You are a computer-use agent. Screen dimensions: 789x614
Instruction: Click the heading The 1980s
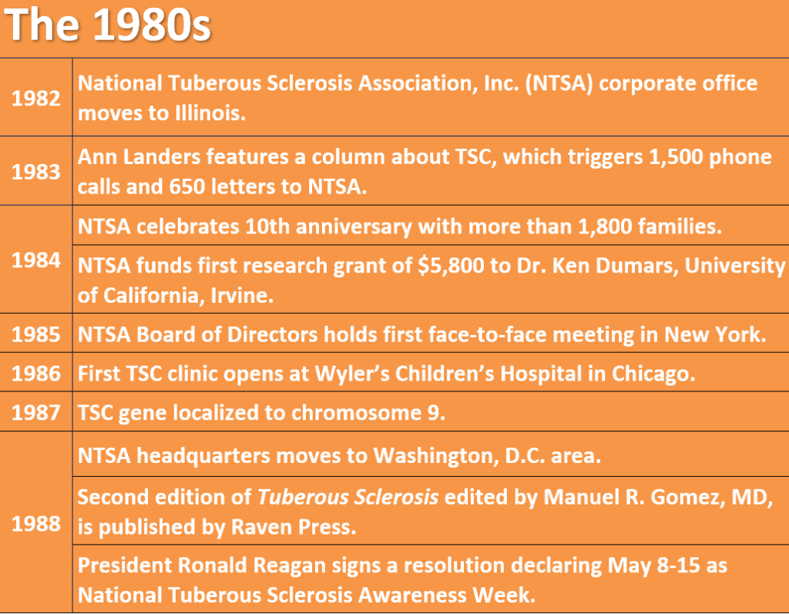108,25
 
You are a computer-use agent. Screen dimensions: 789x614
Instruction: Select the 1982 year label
35,98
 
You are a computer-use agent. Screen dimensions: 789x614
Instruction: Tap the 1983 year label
35,172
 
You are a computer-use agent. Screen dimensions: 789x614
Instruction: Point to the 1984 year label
35,260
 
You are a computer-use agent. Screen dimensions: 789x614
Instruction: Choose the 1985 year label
35,334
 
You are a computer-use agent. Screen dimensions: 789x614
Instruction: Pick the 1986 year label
35,374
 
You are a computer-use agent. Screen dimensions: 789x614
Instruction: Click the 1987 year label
35,413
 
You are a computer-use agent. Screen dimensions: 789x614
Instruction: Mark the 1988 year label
35,524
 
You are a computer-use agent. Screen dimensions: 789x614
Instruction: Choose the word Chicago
653,374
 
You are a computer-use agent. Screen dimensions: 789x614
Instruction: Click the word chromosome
356,413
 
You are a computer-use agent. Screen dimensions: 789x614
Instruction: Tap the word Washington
436,456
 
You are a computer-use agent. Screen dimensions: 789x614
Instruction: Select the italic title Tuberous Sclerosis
347,497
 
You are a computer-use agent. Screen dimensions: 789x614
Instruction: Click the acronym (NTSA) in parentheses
559,83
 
